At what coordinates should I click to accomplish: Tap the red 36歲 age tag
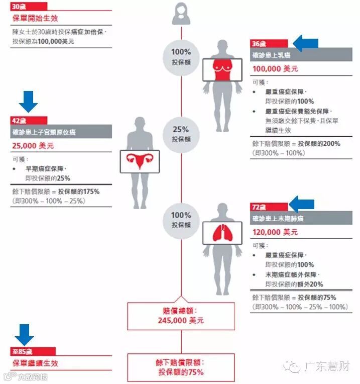pyautogui.click(x=269, y=44)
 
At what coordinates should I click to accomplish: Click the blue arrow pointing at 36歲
pyautogui.click(x=305, y=43)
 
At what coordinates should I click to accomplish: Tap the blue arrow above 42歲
pyautogui.click(x=28, y=102)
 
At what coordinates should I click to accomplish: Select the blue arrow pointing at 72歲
pyautogui.click(x=302, y=205)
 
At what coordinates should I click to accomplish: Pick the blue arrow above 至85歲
pyautogui.click(x=24, y=334)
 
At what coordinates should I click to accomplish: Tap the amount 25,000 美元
pyautogui.click(x=33, y=146)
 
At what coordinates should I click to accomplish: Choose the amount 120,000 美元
pyautogui.click(x=276, y=232)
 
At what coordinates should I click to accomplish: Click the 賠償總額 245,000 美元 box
pyautogui.click(x=180, y=316)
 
